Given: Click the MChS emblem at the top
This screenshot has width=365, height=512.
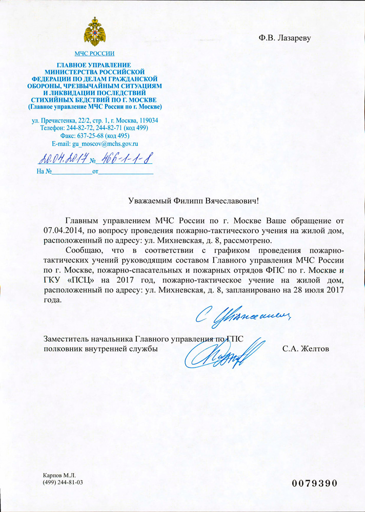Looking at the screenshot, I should click(x=94, y=32).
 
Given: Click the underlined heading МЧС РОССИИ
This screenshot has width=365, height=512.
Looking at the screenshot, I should click(x=94, y=53).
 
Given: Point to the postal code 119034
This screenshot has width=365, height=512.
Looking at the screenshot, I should click(x=146, y=120).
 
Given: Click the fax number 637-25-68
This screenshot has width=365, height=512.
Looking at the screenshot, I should click(x=89, y=137).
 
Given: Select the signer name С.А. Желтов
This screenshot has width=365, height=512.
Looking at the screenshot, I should click(x=306, y=349).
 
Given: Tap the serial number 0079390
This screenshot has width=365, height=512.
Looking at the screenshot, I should click(x=315, y=483).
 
